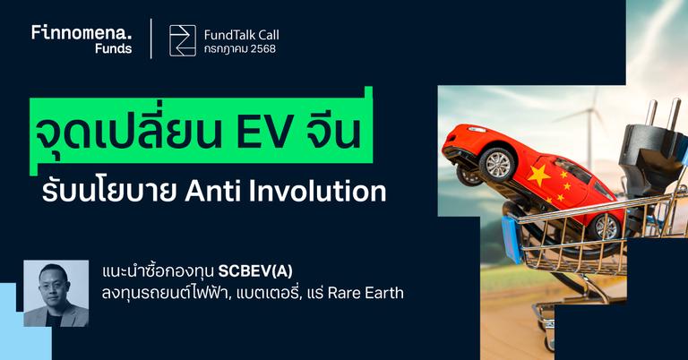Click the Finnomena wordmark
click(82, 32)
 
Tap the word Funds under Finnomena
click(113, 49)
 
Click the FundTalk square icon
click(183, 41)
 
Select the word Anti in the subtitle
click(234, 192)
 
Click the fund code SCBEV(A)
click(255, 270)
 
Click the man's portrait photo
click(56, 294)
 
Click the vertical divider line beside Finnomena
click(150, 39)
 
